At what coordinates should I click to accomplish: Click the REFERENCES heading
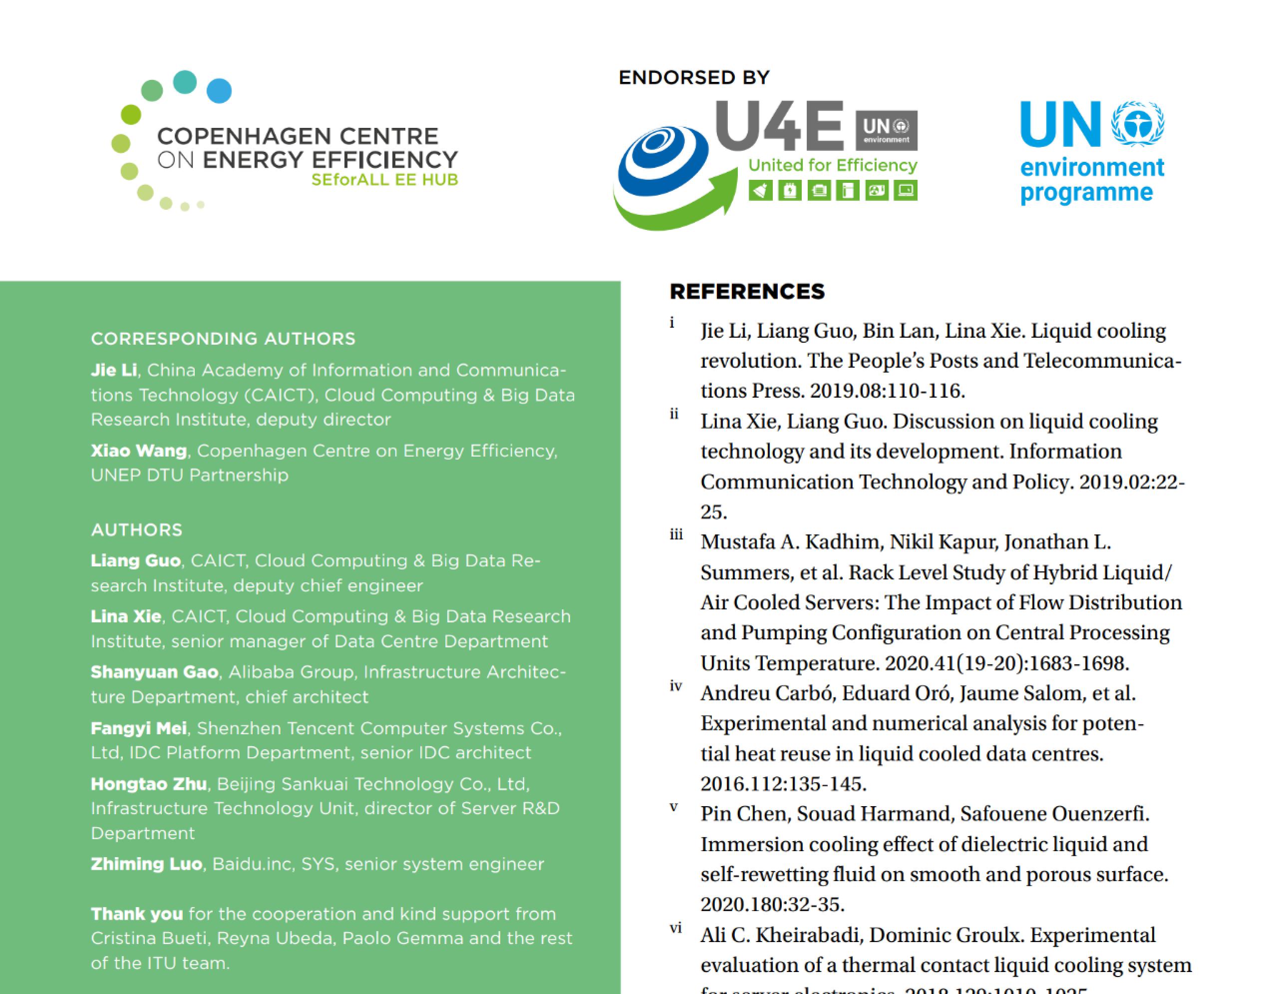[747, 292]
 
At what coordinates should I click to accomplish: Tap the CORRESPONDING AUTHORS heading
[223, 339]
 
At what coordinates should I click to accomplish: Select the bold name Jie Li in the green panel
[114, 370]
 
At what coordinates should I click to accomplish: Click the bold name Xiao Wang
[138, 451]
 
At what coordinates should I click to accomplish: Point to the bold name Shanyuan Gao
[154, 672]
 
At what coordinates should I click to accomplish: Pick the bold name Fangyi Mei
[138, 728]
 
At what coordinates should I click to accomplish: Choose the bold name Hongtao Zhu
[148, 784]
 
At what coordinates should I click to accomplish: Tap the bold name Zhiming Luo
[146, 864]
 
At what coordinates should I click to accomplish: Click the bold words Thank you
[137, 914]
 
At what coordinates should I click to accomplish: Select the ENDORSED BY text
[694, 77]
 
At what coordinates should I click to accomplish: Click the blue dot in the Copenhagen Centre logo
[219, 91]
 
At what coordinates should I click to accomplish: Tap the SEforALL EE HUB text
[384, 180]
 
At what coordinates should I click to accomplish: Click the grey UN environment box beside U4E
[886, 130]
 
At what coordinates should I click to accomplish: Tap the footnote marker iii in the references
[676, 535]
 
